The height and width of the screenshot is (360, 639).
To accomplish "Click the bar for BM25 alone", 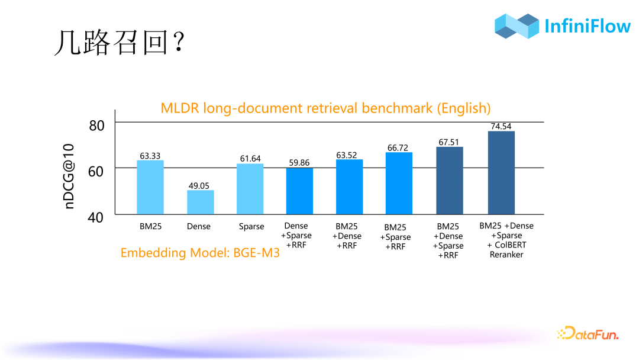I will pyautogui.click(x=150, y=187).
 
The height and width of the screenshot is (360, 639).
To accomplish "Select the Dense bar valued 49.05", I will pyautogui.click(x=201, y=202).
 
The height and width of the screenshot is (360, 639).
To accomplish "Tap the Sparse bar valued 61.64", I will pyautogui.click(x=250, y=189).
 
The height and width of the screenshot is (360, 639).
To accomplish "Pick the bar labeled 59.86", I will pyautogui.click(x=299, y=191).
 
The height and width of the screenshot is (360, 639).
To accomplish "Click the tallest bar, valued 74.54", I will pyautogui.click(x=501, y=172).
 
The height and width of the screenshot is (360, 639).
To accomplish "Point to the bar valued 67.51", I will pyautogui.click(x=450, y=181).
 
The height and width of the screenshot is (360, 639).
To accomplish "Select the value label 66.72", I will pyautogui.click(x=398, y=147).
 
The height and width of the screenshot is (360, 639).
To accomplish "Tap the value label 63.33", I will pyautogui.click(x=150, y=156).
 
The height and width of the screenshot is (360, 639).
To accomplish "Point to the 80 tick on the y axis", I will pyautogui.click(x=96, y=125).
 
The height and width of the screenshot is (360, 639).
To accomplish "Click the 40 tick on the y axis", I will pyautogui.click(x=96, y=217).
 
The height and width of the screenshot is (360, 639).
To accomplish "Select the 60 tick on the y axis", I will pyautogui.click(x=96, y=171).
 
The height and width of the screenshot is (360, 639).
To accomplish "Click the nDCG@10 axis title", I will pyautogui.click(x=70, y=176).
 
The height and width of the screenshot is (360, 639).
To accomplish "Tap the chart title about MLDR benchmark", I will pyautogui.click(x=325, y=108).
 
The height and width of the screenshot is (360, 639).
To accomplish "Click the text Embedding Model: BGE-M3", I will pyautogui.click(x=200, y=253).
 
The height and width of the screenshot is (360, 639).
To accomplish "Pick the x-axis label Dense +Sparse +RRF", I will pyautogui.click(x=299, y=236).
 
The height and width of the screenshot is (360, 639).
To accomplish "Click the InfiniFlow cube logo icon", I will pyautogui.click(x=517, y=26).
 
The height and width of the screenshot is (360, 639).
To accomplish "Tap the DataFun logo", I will pyautogui.click(x=588, y=334).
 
